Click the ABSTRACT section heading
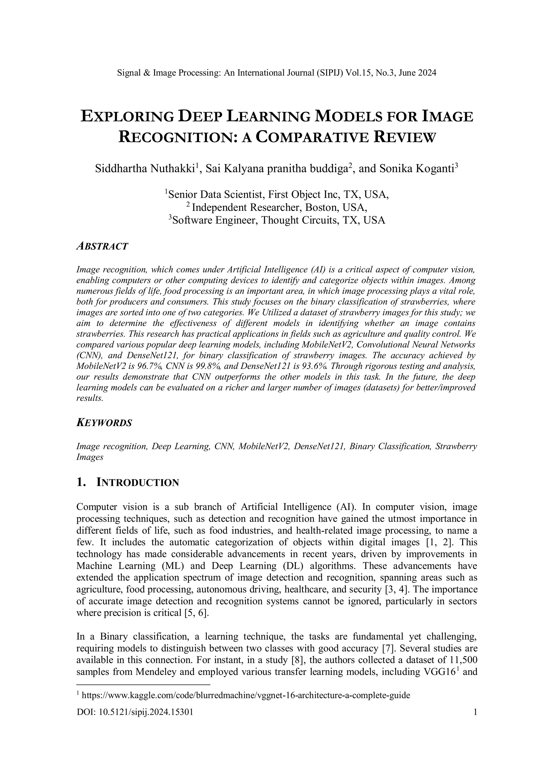point(102,246)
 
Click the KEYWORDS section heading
point(104,423)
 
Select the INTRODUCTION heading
point(137,482)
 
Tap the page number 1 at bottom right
point(474,712)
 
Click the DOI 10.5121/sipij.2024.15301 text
point(135,712)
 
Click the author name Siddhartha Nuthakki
point(145,169)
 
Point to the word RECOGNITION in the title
point(176,137)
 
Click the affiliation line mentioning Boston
point(277,208)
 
